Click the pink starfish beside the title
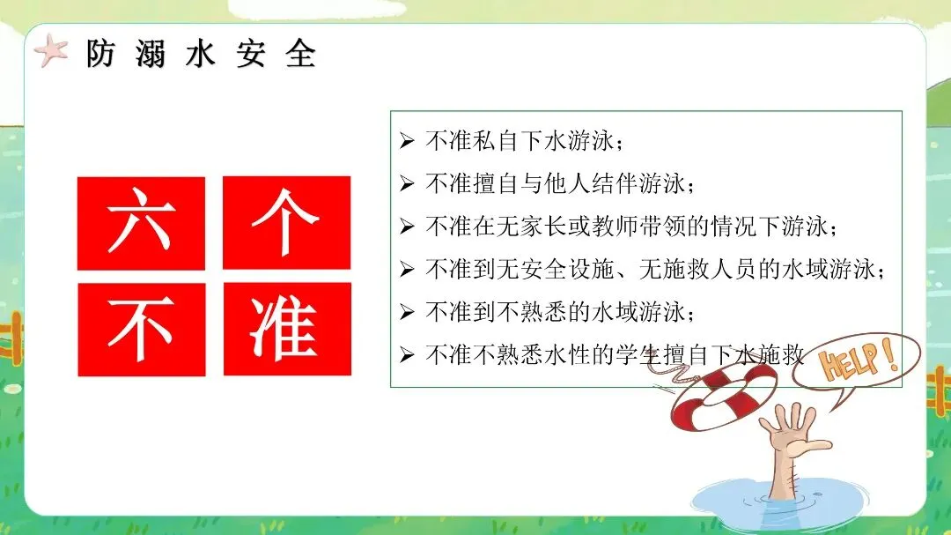(x=51, y=51)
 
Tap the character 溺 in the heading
(x=151, y=54)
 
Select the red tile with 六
(x=141, y=223)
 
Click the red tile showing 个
(x=286, y=222)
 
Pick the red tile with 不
(x=141, y=329)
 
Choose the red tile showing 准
(x=287, y=329)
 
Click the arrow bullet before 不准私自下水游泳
(x=407, y=141)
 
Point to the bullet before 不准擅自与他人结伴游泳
(x=407, y=183)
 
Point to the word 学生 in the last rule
(x=638, y=354)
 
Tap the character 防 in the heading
(x=100, y=54)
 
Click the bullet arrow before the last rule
(x=407, y=354)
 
